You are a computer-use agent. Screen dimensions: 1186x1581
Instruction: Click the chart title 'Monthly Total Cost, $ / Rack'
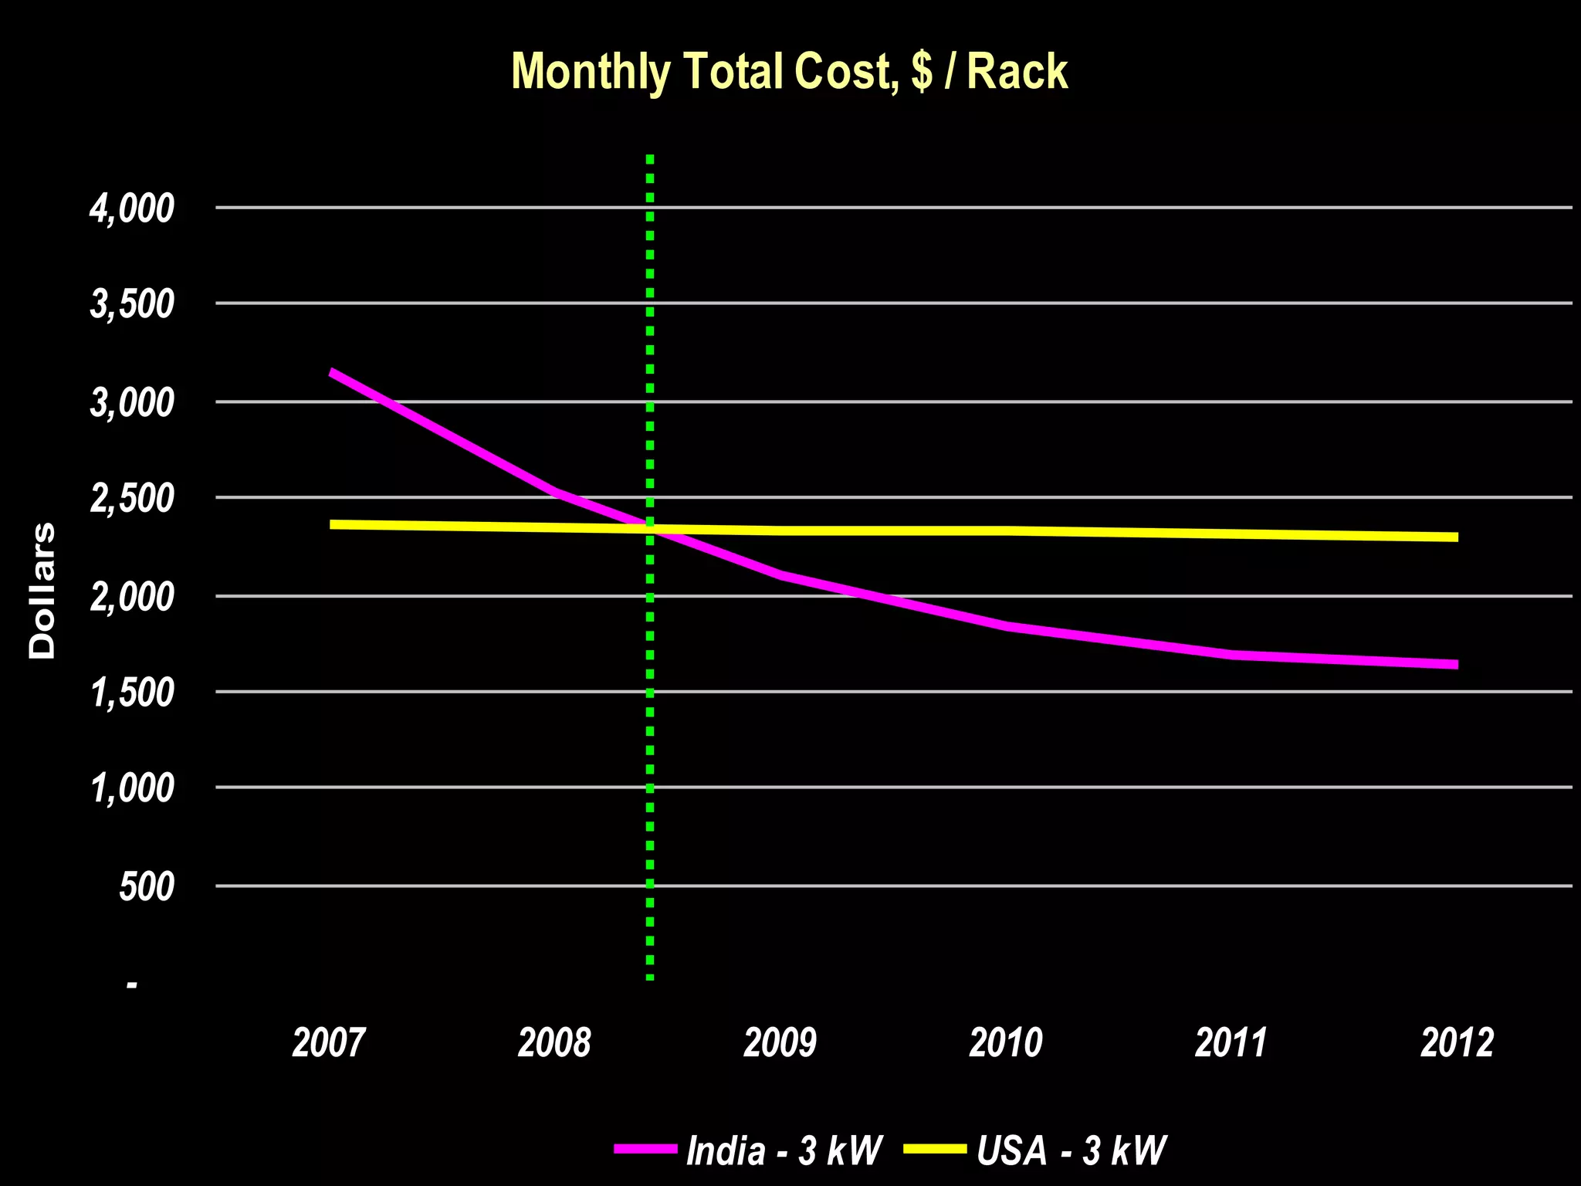789,72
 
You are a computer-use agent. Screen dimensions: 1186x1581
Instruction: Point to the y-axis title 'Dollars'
42,591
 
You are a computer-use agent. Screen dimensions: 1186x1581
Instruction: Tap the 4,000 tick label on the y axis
132,208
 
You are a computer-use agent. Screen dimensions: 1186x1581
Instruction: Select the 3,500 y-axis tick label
132,304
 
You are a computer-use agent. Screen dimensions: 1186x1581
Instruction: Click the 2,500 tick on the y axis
132,499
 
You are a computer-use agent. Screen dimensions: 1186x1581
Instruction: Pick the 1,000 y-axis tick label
132,788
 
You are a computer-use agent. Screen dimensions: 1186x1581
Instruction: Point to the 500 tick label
147,886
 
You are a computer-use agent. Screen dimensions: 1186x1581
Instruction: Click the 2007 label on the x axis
328,1042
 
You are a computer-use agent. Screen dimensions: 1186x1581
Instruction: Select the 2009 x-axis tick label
780,1042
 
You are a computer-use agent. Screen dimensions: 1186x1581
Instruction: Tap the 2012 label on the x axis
1457,1042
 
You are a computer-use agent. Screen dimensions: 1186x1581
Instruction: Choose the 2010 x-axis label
1005,1042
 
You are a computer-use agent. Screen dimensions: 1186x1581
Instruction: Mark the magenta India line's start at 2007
331,372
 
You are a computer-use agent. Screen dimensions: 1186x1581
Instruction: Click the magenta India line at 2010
1006,625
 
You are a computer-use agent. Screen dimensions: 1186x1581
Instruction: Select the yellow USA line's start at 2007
331,524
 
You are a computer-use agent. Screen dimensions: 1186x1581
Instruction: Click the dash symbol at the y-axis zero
132,985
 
